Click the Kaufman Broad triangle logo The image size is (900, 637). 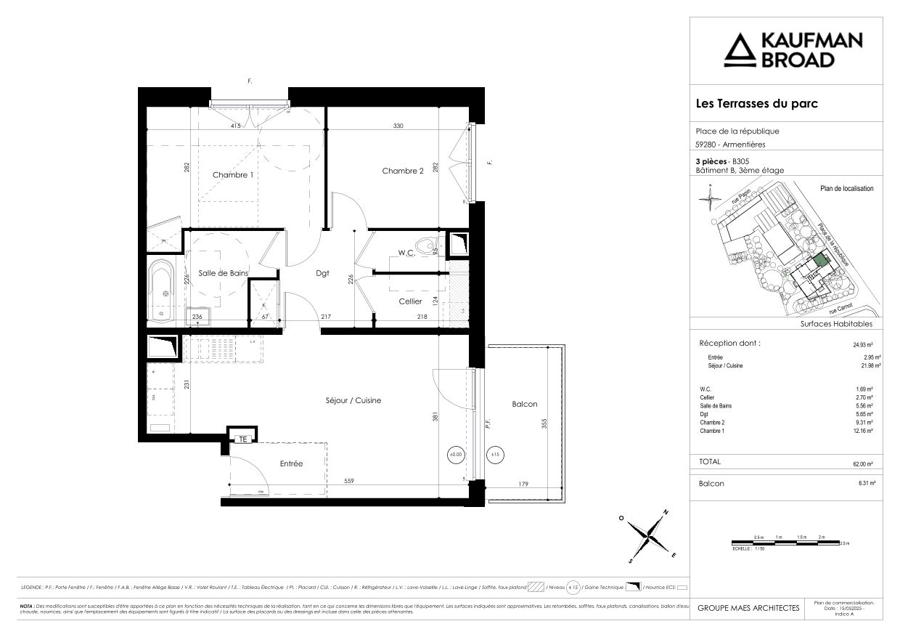tap(740, 50)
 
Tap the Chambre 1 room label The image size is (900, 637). tap(232, 175)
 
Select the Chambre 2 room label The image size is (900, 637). tap(403, 171)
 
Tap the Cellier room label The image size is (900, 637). tap(410, 301)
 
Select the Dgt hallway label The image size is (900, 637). tap(322, 274)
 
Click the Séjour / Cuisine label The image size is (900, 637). tap(353, 400)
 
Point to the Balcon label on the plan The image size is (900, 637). tap(524, 405)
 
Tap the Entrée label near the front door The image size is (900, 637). tap(291, 463)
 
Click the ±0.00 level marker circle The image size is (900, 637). tap(455, 455)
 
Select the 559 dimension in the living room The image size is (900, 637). tap(350, 480)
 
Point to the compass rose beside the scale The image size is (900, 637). tap(648, 537)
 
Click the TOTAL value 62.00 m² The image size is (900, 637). tap(862, 463)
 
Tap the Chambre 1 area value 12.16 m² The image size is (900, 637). tap(862, 431)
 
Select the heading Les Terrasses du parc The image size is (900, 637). tap(756, 104)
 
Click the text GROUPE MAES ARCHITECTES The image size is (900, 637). tap(748, 608)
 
